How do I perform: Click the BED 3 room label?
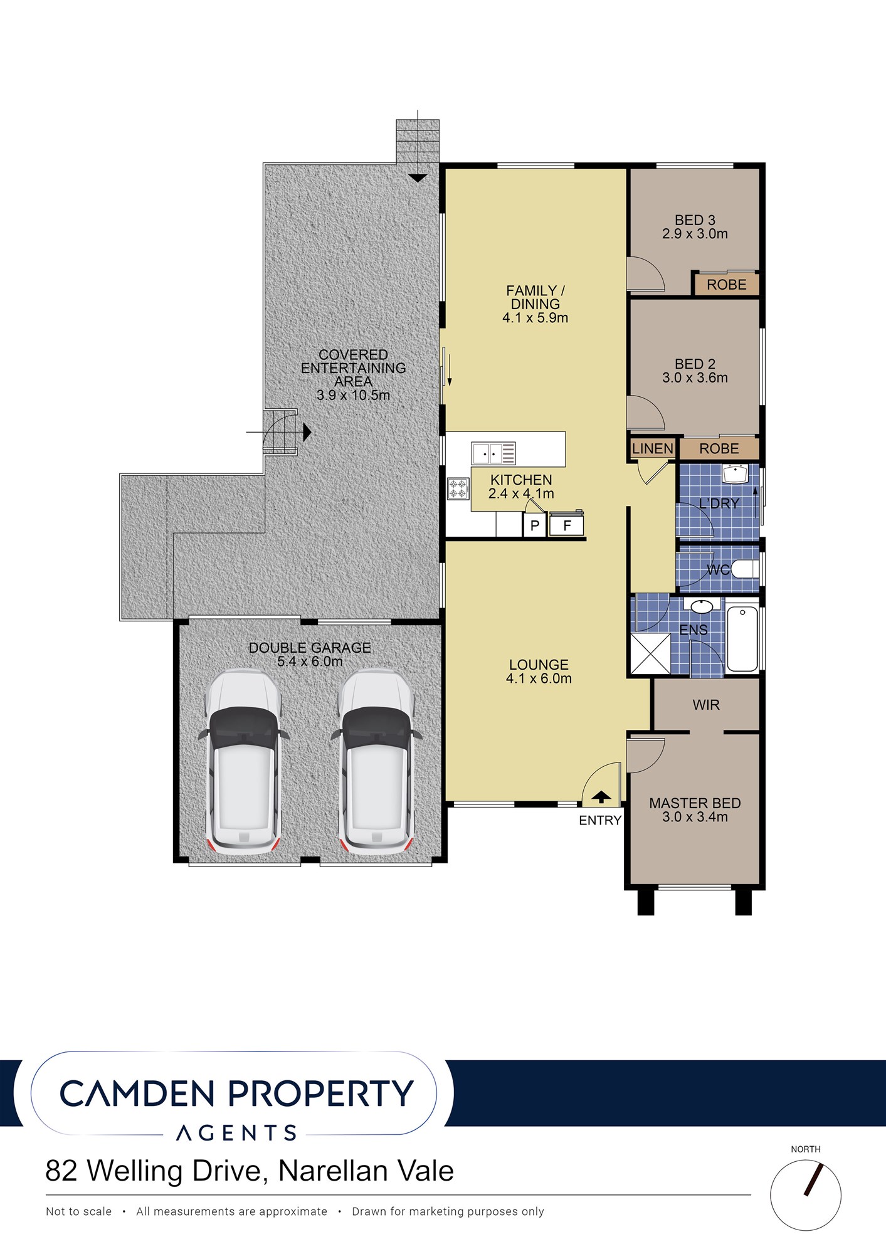tap(695, 220)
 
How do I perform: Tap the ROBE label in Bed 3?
tap(727, 285)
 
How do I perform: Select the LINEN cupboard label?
tap(653, 449)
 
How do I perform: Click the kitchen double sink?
tap(493, 453)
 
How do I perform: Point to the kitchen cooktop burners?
tap(458, 488)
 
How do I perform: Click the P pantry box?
tap(535, 525)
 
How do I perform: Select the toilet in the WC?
tap(745, 569)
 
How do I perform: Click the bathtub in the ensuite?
tap(742, 638)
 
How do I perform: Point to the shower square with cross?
tap(650, 654)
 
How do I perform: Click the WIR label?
tap(706, 705)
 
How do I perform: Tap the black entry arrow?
tap(601, 797)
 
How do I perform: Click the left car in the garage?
tap(243, 762)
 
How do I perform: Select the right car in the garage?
tap(376, 762)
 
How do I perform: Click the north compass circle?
tap(806, 1194)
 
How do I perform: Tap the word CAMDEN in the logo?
tap(137, 1093)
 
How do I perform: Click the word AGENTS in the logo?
tap(236, 1133)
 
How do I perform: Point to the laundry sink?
tap(736, 474)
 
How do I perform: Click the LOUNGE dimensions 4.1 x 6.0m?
tap(539, 678)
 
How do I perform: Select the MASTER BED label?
tap(695, 803)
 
